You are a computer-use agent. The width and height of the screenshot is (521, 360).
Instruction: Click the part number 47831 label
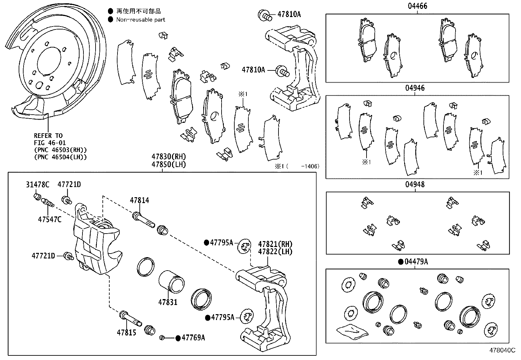(168, 302)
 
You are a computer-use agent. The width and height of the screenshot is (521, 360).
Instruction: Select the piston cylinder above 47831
(172, 281)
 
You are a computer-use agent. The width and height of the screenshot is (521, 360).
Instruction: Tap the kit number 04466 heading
(417, 6)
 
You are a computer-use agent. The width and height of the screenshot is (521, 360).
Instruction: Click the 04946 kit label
(415, 88)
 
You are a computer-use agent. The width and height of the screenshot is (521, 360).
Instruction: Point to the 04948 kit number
(415, 184)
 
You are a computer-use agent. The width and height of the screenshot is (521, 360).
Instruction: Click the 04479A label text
(416, 262)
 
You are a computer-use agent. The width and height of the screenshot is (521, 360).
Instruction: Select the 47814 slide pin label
(139, 200)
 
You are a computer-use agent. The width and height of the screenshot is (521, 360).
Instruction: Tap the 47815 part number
(126, 333)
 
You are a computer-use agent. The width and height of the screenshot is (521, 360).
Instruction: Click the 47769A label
(193, 338)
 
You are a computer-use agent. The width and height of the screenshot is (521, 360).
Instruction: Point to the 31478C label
(38, 185)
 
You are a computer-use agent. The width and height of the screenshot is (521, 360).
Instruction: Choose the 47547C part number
(49, 219)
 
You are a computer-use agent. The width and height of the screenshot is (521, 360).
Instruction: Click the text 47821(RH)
(275, 244)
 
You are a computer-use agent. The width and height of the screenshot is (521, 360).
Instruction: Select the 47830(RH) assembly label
(169, 157)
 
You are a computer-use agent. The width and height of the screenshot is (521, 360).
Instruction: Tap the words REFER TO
(48, 136)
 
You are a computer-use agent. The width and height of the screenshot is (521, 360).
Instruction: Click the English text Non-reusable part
(141, 20)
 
